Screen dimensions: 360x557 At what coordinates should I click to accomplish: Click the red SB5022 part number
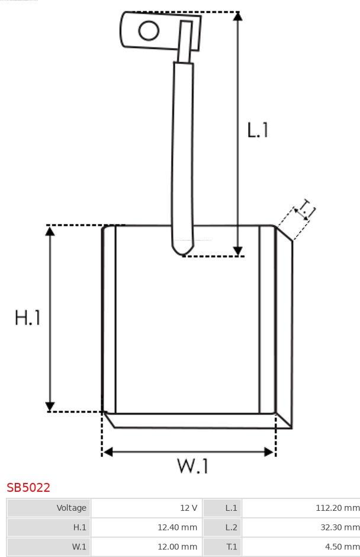(x=28, y=487)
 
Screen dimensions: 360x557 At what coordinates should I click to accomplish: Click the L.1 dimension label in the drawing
(x=258, y=130)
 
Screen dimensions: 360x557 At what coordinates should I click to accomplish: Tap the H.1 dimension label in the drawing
(x=28, y=317)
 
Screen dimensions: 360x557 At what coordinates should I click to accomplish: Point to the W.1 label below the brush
(x=193, y=466)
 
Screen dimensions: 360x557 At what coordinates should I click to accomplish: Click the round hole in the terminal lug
(x=149, y=30)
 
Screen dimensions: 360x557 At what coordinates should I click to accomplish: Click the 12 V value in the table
(x=188, y=508)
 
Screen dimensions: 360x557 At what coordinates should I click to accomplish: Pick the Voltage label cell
(x=49, y=508)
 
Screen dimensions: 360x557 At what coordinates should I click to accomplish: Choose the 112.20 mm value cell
(x=301, y=508)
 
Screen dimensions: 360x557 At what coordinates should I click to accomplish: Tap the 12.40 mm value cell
(x=147, y=527)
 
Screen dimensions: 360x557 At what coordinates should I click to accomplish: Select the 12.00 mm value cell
(x=147, y=547)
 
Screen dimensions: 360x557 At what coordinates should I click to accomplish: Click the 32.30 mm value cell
(x=301, y=527)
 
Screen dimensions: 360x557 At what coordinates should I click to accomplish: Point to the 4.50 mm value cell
(x=301, y=547)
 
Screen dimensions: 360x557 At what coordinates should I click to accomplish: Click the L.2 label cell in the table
(x=223, y=527)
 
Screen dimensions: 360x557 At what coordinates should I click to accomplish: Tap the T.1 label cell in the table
(x=223, y=547)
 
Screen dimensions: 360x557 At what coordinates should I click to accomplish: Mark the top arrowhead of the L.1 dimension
(x=238, y=16)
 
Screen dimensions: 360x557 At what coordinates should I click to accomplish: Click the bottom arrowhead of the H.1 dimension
(x=50, y=406)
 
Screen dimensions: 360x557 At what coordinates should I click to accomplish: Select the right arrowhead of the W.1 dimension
(x=269, y=452)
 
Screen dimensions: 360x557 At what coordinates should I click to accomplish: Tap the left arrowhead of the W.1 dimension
(x=108, y=452)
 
